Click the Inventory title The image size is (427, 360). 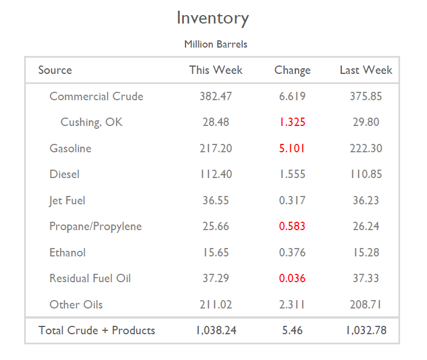pos(213,18)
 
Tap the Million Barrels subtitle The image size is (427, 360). pos(216,44)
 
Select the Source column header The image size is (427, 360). pos(55,70)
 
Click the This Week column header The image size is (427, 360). pos(216,70)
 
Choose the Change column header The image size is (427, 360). pos(292,70)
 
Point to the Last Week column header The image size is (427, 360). pos(366,70)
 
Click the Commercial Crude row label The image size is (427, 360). pos(96,96)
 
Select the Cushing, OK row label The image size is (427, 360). pos(91,122)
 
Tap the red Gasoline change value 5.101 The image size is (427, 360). pos(292,148)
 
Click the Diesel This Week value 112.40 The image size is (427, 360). pos(216,174)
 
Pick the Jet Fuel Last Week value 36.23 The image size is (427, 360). pos(366,200)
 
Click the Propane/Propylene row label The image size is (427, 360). pos(95,226)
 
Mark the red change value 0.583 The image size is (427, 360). pos(292,226)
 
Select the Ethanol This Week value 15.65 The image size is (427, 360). pos(216,253)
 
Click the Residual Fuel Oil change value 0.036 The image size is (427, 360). pos(292,278)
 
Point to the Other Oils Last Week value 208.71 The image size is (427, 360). pos(366,305)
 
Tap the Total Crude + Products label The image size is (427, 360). pos(96,330)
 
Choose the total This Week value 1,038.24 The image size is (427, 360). pos(216,330)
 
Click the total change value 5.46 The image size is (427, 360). pos(292,330)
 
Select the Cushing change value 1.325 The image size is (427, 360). pos(292,122)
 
